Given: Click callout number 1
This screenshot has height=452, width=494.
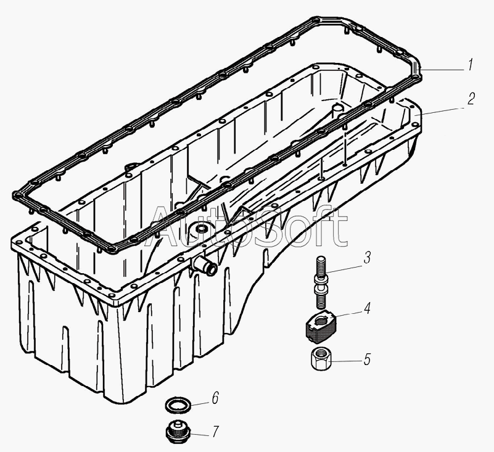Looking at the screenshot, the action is click(470, 65).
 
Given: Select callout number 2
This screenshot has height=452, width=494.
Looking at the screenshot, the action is click(471, 99).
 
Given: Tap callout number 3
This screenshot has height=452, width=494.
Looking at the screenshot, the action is click(367, 257).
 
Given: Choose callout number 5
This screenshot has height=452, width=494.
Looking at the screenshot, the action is click(367, 360).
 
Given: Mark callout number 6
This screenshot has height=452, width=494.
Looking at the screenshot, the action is click(215, 398).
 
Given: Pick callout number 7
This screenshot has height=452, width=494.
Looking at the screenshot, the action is click(215, 432).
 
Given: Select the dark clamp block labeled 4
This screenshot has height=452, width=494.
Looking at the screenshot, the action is click(322, 327).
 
